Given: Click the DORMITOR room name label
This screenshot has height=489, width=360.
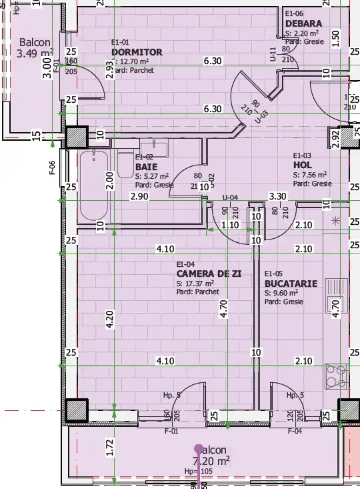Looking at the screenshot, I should pyautogui.click(x=137, y=52).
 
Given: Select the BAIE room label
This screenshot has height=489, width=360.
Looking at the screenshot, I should pyautogui.click(x=146, y=167).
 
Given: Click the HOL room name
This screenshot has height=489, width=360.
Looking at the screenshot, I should pyautogui.click(x=302, y=165).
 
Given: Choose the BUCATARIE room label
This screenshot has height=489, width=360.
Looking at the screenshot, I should pyautogui.click(x=291, y=284).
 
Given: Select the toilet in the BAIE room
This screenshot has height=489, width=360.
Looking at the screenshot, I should pyautogui.click(x=125, y=164).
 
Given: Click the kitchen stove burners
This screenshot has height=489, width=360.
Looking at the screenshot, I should pyautogui.click(x=337, y=376).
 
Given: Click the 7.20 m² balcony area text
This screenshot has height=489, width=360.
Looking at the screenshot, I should pyautogui.click(x=212, y=460).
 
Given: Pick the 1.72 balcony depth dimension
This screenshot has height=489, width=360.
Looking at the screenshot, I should pyautogui.click(x=110, y=448).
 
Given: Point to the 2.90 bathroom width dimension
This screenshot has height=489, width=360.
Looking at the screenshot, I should pyautogui.click(x=139, y=196).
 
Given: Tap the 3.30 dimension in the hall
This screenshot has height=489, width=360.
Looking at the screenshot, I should pyautogui.click(x=277, y=196).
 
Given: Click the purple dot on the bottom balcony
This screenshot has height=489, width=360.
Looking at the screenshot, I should pyautogui.click(x=198, y=449).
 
